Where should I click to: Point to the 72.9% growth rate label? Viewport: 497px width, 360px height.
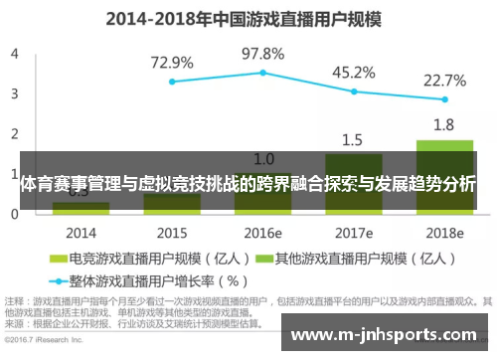tap(171, 63)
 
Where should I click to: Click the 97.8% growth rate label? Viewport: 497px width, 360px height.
tap(262, 54)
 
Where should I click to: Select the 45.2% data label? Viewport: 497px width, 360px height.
tap(353, 72)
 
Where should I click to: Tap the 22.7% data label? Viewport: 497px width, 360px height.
tap(444, 80)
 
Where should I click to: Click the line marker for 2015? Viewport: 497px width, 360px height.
tap(172, 82)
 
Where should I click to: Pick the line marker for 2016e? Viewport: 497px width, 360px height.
tap(262, 73)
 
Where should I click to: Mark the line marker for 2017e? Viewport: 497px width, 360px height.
tap(354, 91)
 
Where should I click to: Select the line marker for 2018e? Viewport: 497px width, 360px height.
tap(444, 99)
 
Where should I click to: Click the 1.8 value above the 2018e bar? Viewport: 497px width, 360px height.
tap(444, 125)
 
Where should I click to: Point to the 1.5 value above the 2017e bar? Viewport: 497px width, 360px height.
tap(353, 139)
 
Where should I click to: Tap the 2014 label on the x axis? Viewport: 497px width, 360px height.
tap(81, 233)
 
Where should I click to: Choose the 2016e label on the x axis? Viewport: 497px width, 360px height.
tap(262, 233)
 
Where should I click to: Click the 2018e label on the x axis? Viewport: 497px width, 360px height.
tap(444, 233)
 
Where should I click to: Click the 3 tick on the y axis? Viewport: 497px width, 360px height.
tap(14, 92)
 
